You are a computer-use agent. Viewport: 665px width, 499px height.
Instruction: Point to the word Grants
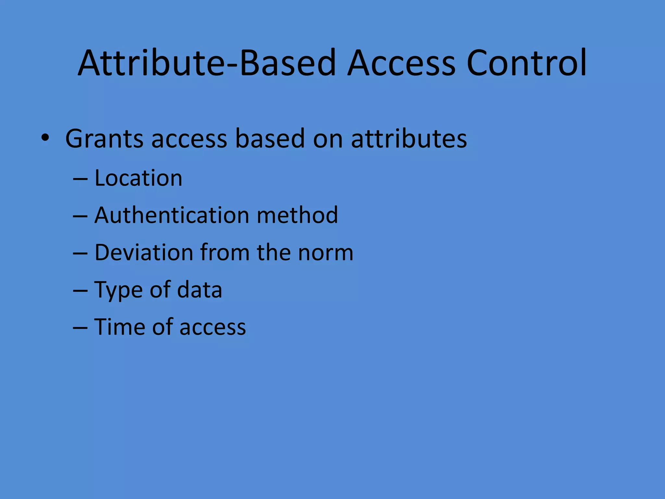tap(104, 139)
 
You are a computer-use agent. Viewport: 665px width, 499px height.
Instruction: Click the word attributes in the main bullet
tap(409, 139)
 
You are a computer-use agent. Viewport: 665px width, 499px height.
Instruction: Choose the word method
tap(297, 215)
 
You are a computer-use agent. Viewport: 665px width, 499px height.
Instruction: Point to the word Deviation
tap(144, 252)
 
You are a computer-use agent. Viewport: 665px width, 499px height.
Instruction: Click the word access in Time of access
tap(213, 327)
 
